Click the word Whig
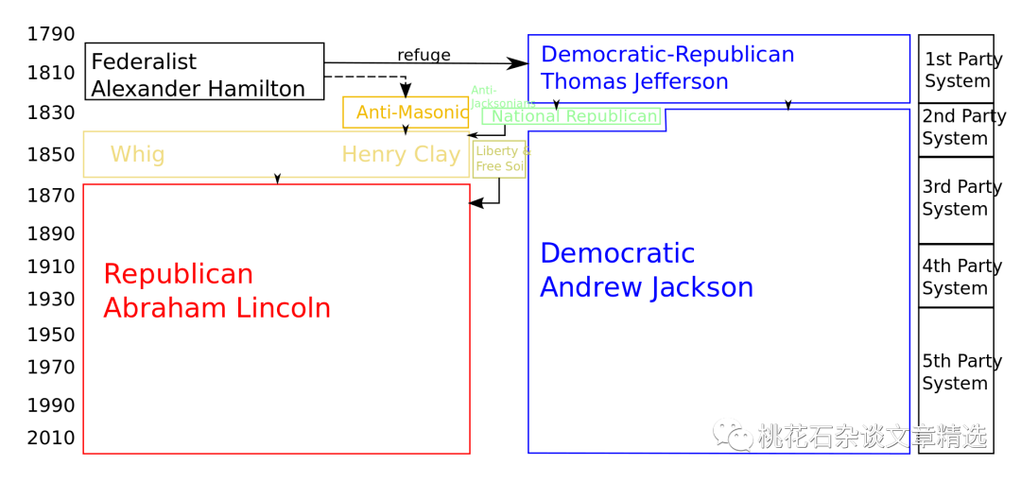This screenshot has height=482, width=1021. click(x=137, y=155)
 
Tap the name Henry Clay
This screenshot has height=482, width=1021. click(x=401, y=155)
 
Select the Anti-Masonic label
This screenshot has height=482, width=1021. click(x=411, y=113)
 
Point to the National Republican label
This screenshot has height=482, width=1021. click(x=575, y=117)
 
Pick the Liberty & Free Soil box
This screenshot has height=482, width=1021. click(x=499, y=159)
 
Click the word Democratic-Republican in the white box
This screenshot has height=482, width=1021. click(x=667, y=55)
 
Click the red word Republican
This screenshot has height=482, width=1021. click(x=179, y=275)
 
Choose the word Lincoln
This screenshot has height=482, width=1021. click(x=283, y=308)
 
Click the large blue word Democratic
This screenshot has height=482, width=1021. click(x=617, y=253)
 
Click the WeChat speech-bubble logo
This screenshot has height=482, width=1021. click(x=733, y=434)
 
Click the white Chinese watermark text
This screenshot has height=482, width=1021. click(x=872, y=436)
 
